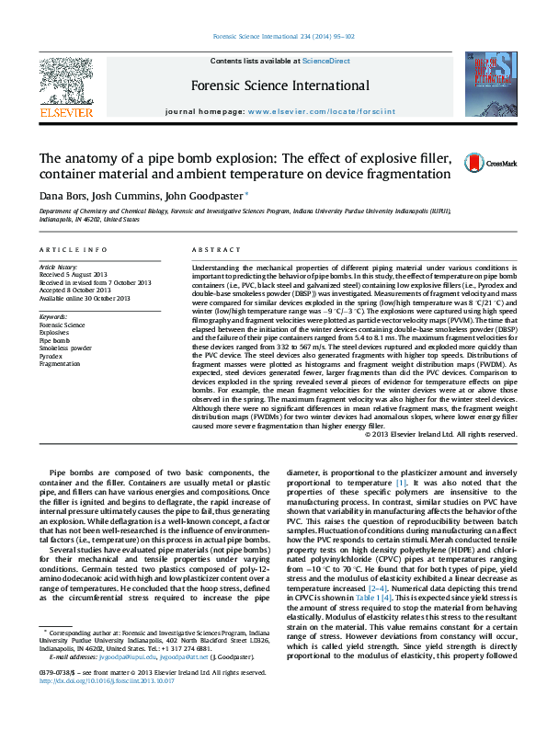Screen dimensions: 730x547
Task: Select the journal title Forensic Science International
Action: click(x=279, y=86)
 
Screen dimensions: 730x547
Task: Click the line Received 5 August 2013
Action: click(x=73, y=275)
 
